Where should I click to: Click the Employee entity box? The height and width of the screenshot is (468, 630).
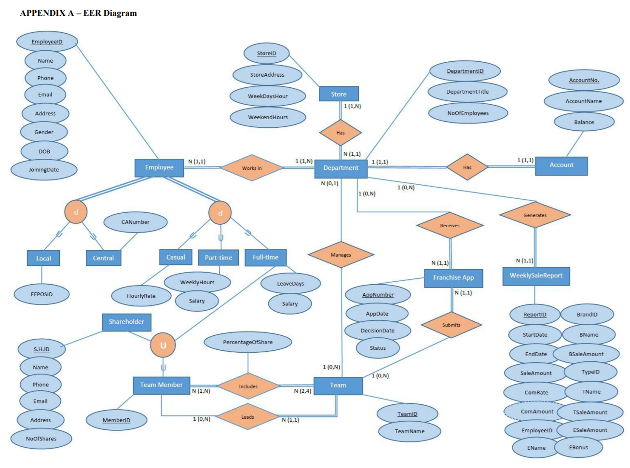(159, 167)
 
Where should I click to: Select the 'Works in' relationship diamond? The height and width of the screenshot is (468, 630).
(252, 168)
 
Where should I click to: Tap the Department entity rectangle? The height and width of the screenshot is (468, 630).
(341, 168)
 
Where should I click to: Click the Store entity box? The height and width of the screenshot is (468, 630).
(339, 94)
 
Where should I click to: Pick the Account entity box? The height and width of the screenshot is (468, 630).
(561, 165)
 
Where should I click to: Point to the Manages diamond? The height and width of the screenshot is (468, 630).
(341, 255)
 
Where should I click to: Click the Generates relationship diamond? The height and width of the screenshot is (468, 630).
(535, 215)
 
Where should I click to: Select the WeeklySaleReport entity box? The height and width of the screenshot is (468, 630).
(536, 276)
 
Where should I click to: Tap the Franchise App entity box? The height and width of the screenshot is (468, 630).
(453, 278)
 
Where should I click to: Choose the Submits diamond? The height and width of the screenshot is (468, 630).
(451, 325)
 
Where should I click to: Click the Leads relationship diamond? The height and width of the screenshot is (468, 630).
(247, 417)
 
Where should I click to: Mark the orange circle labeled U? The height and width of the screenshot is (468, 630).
(163, 345)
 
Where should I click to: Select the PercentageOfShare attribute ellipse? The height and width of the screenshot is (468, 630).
(247, 342)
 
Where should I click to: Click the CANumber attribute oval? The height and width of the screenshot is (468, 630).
(135, 222)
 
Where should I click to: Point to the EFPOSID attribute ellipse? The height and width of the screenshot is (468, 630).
(41, 294)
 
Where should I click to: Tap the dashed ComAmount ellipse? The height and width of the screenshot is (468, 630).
(537, 412)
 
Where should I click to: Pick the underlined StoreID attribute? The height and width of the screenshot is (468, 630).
(266, 54)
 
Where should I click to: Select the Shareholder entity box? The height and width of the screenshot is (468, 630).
(126, 322)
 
